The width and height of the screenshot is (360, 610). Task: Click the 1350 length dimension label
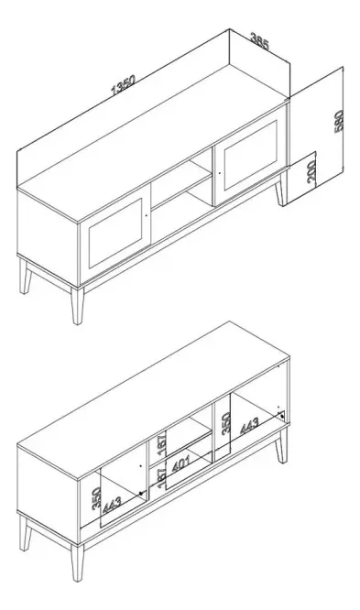pyautogui.click(x=123, y=86)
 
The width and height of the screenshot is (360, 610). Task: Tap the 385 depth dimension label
pyautogui.click(x=259, y=42)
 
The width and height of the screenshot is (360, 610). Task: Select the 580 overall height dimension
pyautogui.click(x=339, y=122)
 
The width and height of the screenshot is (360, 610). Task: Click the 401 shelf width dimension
pyautogui.click(x=180, y=463)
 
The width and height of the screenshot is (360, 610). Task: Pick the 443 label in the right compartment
pyautogui.click(x=249, y=427)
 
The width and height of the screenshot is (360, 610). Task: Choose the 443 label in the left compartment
pyautogui.click(x=113, y=505)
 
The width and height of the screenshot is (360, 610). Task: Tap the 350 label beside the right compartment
pyautogui.click(x=226, y=423)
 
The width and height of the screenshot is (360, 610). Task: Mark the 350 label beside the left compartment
pyautogui.click(x=96, y=499)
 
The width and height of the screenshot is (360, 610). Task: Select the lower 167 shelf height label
pyautogui.click(x=162, y=478)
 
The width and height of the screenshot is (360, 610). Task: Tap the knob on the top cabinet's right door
pyautogui.click(x=220, y=173)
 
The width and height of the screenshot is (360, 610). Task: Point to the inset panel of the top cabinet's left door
pyautogui.click(x=115, y=234)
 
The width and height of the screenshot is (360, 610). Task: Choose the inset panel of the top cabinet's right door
pyautogui.click(x=251, y=155)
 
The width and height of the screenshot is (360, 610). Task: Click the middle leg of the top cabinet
pyautogui.click(x=78, y=306)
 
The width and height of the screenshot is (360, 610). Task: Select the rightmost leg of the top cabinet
pyautogui.click(x=281, y=189)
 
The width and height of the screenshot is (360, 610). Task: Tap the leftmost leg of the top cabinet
pyautogui.click(x=26, y=277)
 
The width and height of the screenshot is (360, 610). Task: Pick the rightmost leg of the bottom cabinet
pyautogui.click(x=281, y=446)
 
